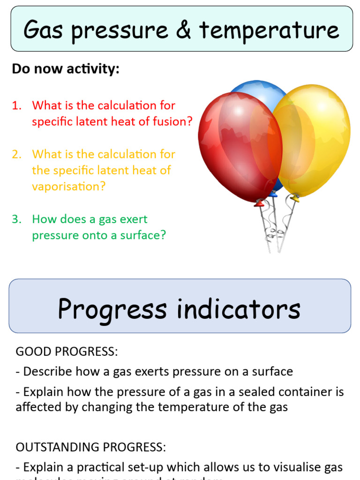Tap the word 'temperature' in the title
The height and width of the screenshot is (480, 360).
tap(269, 30)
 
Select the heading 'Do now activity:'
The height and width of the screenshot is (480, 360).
tap(66, 69)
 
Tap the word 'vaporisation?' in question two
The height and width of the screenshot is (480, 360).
tap(69, 186)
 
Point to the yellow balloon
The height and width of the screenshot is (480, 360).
tap(319, 136)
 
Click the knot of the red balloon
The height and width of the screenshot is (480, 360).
tap(259, 203)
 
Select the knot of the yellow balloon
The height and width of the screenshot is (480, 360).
tap(295, 198)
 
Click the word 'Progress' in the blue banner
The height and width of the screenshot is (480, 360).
tap(112, 309)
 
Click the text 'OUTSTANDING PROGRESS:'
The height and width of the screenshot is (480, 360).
tap(91, 447)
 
